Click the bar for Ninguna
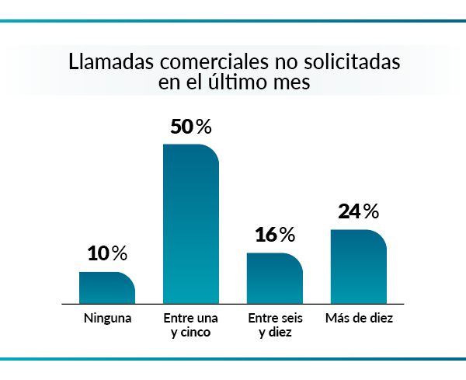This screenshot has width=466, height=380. click(107, 288)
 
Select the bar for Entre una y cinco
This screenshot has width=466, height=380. click(191, 224)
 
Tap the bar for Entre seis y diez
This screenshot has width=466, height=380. click(275, 278)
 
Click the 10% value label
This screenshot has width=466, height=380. click(107, 253)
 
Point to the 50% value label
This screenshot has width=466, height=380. click(191, 127)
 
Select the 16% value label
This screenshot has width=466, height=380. click(275, 235)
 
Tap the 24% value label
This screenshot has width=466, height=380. click(359, 211)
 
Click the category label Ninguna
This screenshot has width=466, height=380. click(107, 319)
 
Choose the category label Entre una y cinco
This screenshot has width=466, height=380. click(191, 326)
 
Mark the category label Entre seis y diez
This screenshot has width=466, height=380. click(275, 326)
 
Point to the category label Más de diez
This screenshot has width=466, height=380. click(359, 319)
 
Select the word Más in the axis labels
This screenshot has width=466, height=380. click(336, 319)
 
